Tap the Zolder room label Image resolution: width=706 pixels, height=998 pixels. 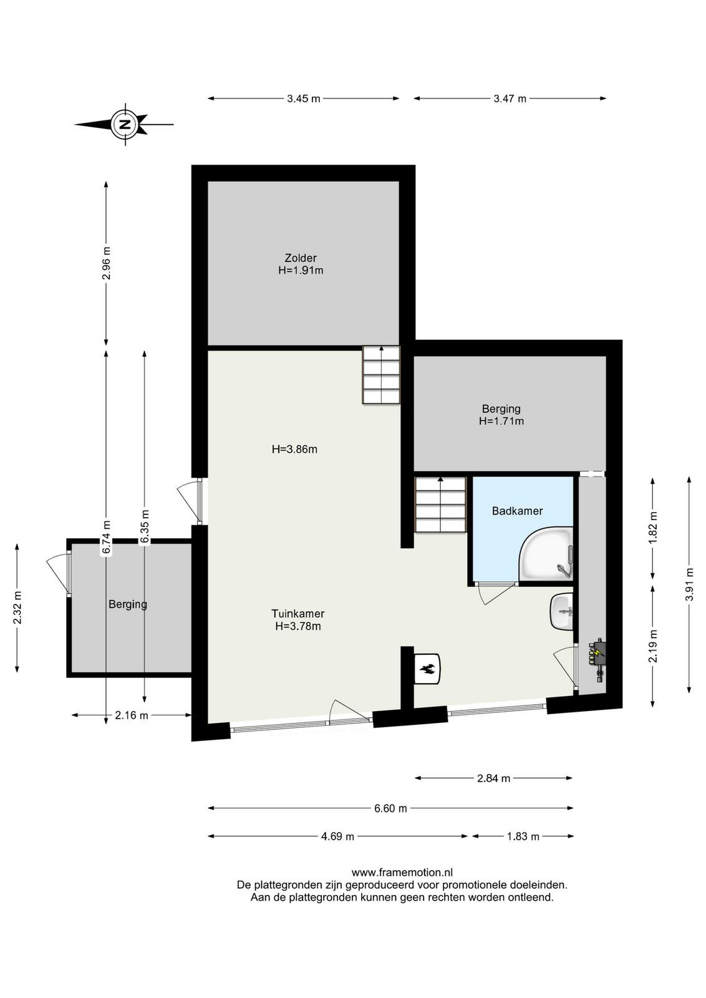pos(301,264)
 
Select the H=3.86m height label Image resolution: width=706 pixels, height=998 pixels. pos(294,449)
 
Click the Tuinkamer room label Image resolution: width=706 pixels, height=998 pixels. pos(298,620)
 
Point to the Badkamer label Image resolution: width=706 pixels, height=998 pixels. pos(517,511)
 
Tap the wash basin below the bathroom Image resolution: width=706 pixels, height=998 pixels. pos(563,612)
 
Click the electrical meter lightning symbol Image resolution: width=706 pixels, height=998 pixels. pos(597,653)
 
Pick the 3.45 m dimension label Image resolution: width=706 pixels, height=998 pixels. pos(304,99)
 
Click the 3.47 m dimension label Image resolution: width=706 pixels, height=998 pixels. pos(510,99)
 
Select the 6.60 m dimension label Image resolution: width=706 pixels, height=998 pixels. pos(390,808)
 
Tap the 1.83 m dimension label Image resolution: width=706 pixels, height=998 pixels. pos(523,836)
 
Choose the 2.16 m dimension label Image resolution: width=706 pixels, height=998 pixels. pos(132,715)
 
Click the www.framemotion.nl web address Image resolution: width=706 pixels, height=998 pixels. pos(402,873)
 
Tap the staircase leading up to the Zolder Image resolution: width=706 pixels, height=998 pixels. pos(381,375)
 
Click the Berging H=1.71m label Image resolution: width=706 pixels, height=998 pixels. pos(501,414)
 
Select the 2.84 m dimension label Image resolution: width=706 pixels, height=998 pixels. pos(493,778)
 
